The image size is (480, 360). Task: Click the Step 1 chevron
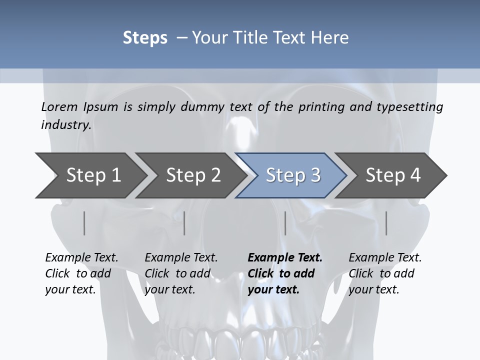[x=92, y=175]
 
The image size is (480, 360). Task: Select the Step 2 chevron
[x=192, y=175]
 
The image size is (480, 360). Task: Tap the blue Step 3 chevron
[x=292, y=175]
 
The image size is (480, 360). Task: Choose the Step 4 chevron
[x=392, y=175]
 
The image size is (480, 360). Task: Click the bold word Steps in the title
[x=145, y=37]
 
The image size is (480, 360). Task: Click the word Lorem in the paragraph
[x=59, y=107]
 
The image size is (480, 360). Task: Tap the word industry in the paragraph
[x=66, y=124]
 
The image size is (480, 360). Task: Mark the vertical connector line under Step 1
[x=84, y=223]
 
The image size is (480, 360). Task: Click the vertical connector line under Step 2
[x=184, y=223]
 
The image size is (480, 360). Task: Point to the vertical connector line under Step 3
[x=285, y=223]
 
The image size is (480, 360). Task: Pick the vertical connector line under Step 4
[x=386, y=223]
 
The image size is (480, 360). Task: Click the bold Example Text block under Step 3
[x=285, y=273]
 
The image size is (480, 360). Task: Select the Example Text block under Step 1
[x=81, y=273]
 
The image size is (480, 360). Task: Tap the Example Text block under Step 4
[x=385, y=273]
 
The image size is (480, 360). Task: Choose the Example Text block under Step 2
[x=181, y=273]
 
